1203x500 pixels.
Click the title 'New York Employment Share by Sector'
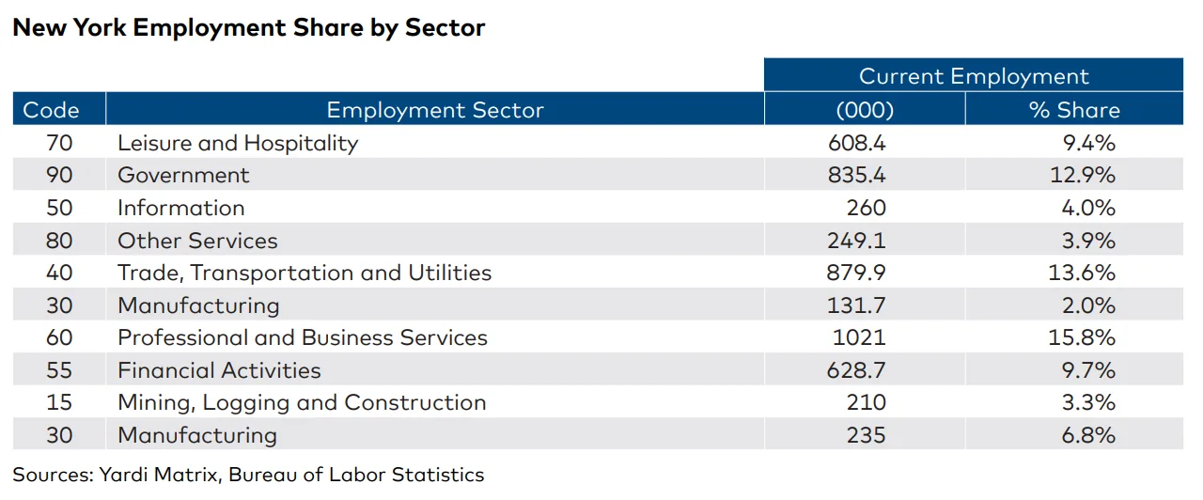(x=248, y=27)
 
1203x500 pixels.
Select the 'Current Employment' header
(x=973, y=76)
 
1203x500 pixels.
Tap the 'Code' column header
(x=51, y=110)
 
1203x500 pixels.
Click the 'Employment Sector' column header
(x=434, y=110)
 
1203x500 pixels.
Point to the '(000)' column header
(x=864, y=110)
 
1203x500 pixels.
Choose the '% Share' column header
(x=1074, y=110)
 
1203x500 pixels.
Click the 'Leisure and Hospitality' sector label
(x=238, y=143)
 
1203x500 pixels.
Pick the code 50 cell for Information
(x=59, y=208)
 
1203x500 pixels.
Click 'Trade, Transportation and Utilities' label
(x=304, y=273)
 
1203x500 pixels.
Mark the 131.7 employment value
(x=856, y=305)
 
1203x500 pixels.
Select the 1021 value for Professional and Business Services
(x=865, y=337)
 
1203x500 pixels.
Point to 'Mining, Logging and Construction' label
(x=302, y=402)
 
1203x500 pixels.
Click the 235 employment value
(x=867, y=435)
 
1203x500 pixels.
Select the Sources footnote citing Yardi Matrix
(x=248, y=475)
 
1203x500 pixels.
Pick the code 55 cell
(x=59, y=370)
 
